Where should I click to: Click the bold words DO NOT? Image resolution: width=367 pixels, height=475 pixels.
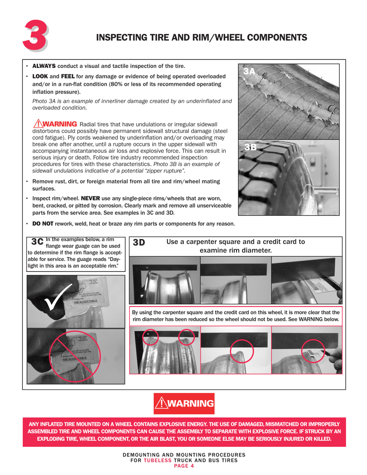(x=42, y=224)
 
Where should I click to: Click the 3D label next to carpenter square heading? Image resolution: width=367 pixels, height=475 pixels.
(x=139, y=243)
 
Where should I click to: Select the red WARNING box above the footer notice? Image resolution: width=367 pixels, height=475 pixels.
(x=183, y=404)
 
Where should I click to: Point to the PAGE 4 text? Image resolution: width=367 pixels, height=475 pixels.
(x=183, y=466)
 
